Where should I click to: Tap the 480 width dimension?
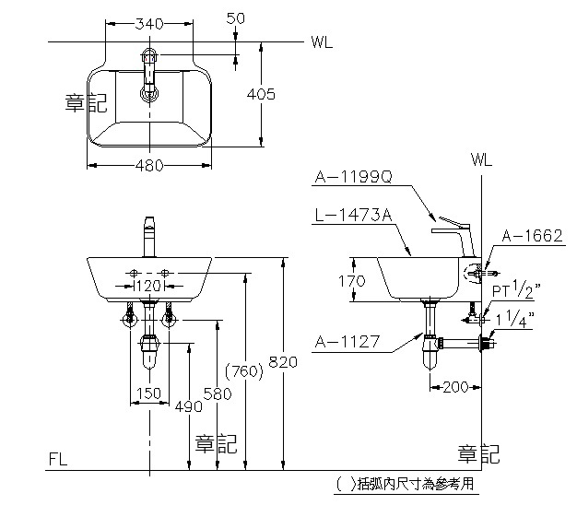point(148,165)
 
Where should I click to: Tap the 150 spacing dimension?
point(148,393)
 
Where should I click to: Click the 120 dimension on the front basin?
point(148,287)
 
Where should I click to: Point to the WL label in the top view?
point(322,41)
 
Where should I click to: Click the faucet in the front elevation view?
point(148,237)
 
